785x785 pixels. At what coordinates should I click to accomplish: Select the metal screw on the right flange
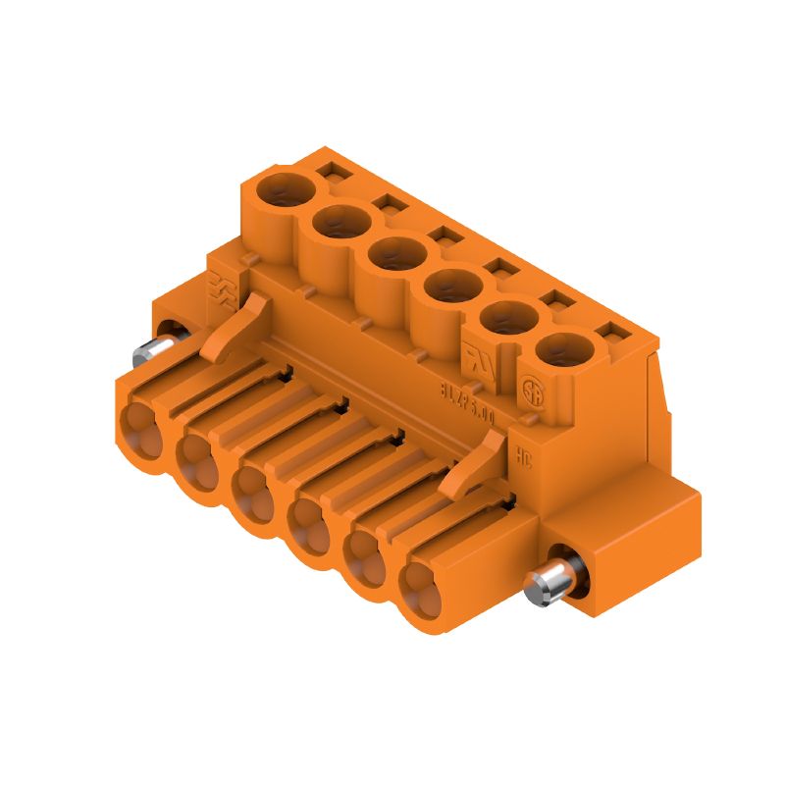[542, 586]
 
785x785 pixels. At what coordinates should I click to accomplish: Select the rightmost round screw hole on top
[564, 350]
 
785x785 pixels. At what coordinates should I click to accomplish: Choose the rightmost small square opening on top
[616, 334]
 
